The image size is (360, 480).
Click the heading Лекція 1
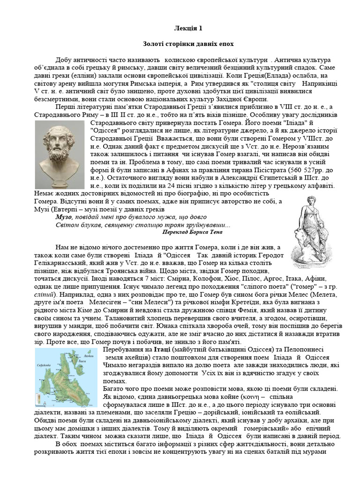click(188, 29)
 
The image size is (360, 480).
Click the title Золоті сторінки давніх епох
click(188, 44)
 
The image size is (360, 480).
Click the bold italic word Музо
click(64, 217)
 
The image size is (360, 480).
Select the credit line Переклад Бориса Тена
click(192, 232)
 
